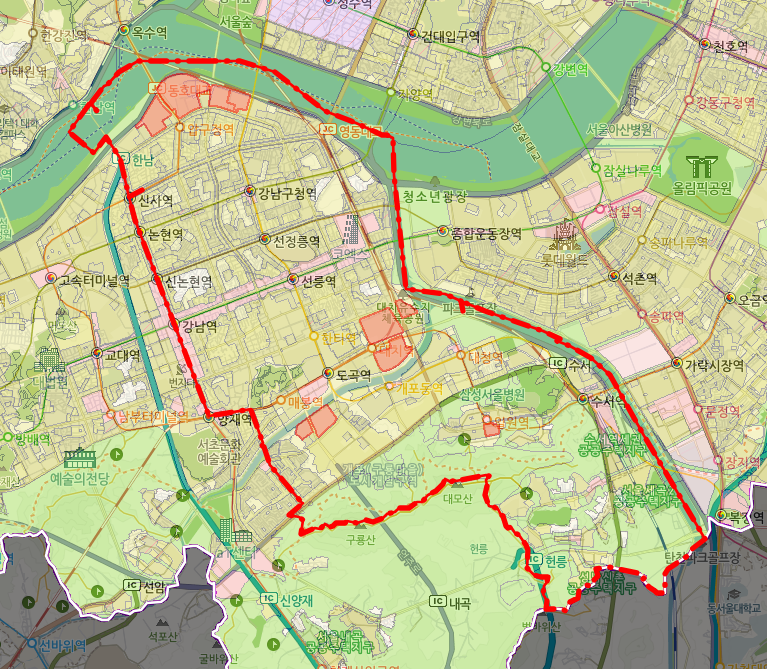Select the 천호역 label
coord(729,46)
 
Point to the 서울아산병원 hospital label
coord(619,129)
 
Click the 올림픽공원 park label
coord(711,187)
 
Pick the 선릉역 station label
coord(317,281)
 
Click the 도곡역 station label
coord(353,375)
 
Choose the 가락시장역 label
coord(714,365)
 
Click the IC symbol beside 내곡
coord(437,601)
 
